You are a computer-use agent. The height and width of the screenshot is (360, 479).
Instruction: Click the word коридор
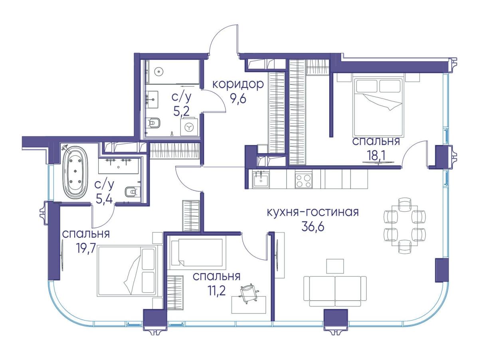pos(238,85)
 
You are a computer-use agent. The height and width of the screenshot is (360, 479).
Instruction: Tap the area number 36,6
pos(313,227)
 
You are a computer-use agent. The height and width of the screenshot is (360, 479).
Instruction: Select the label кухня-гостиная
pos(313,212)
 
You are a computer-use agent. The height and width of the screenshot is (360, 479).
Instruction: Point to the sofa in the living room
pos(335,291)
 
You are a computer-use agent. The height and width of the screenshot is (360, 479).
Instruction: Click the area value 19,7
pos(85,248)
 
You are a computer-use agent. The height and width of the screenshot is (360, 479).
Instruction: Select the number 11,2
pos(216,291)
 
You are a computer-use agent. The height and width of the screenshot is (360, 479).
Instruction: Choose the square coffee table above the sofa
pos(335,266)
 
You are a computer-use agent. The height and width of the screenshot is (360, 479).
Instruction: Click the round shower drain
pos(158,71)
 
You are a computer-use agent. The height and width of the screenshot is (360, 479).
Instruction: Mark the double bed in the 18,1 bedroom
pos(378,108)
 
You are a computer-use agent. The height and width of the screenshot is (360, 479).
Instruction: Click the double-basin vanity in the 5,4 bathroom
pos(119,166)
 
